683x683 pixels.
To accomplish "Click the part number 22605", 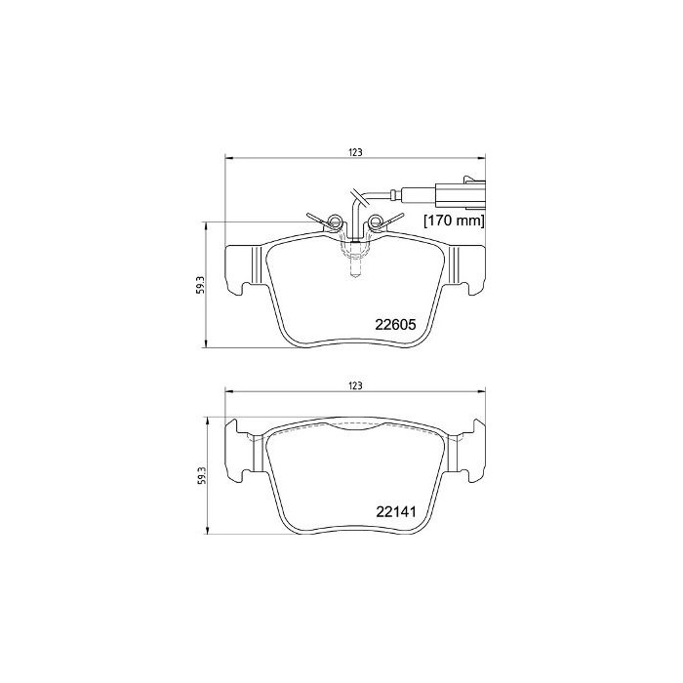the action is pos(395,325).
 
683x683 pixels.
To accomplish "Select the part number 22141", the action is pos(395,512).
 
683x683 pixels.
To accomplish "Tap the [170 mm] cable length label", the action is pos(454,221).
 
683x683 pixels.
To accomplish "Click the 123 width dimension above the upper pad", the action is pos(355,152).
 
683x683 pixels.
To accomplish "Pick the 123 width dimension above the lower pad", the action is pos(355,385).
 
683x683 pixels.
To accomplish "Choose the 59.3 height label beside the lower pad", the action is pos(200,475).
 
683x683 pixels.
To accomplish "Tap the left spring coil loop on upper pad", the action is pos(335,221).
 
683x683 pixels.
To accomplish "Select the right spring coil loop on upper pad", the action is pos(375,221).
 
